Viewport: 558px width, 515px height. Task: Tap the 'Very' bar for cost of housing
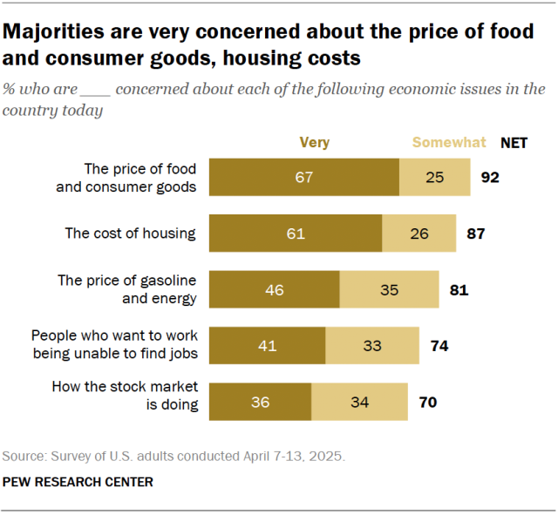pos(296,234)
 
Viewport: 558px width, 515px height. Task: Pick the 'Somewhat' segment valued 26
pos(418,234)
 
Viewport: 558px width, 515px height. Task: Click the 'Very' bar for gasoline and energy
pos(275,289)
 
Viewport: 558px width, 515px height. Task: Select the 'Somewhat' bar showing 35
pos(389,289)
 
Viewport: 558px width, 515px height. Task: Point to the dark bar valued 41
pos(268,346)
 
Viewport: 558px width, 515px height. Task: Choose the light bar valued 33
pos(372,346)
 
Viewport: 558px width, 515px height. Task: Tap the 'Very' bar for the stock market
pos(261,402)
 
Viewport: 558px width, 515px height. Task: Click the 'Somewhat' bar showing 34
pos(359,402)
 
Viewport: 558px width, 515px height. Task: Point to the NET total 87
pos(475,234)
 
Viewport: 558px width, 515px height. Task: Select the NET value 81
pos(459,289)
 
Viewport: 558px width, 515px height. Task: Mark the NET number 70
pos(427,402)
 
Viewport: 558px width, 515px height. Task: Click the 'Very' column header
pos(314,143)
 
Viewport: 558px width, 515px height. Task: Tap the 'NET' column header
pos(514,143)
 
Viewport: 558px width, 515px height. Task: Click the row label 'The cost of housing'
pos(131,234)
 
